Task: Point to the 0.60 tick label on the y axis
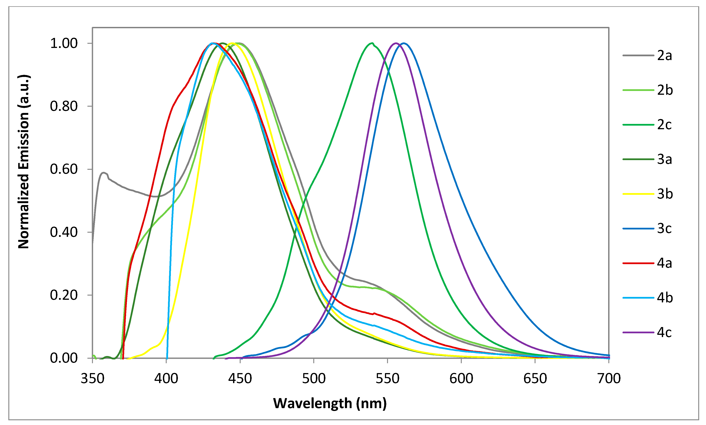pos(64,169)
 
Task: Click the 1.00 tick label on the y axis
pos(64,43)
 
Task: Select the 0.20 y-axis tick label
pos(64,295)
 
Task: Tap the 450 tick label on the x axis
pos(240,379)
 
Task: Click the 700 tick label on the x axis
pos(609,379)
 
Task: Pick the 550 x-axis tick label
pos(387,379)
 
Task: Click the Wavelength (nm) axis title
pos(330,403)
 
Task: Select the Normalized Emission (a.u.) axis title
pos(24,162)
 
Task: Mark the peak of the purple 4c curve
pos(396,43)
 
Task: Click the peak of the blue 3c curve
pos(404,43)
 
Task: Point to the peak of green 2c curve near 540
pos(372,43)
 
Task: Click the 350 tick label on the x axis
pos(92,379)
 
